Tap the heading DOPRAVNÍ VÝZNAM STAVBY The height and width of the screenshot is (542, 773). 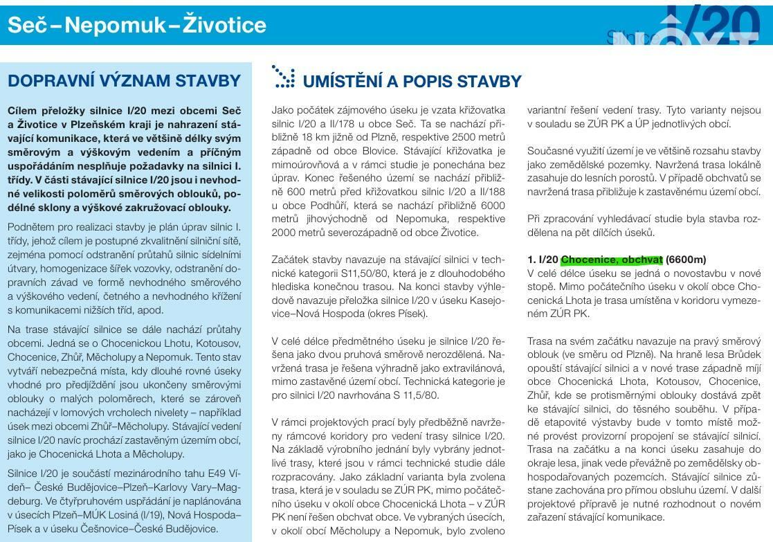pyautogui.click(x=124, y=81)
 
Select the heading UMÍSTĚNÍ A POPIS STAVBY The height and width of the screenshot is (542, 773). pyautogui.click(x=412, y=82)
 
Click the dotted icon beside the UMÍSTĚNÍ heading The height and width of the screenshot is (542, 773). pyautogui.click(x=283, y=77)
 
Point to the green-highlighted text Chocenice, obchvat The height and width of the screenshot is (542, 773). pyautogui.click(x=612, y=260)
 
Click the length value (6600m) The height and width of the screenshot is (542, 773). pyautogui.click(x=686, y=260)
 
